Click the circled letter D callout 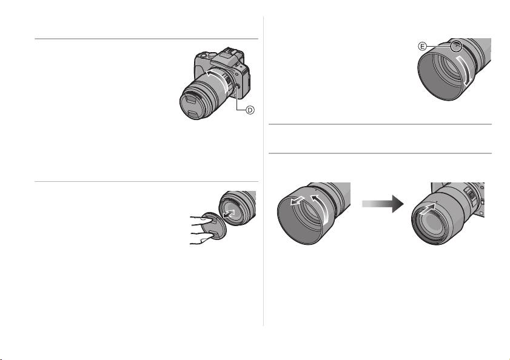[250, 110]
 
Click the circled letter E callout [422, 47]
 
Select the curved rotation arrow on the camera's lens [217, 78]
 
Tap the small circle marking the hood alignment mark [457, 46]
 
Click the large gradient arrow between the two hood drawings [383, 204]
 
